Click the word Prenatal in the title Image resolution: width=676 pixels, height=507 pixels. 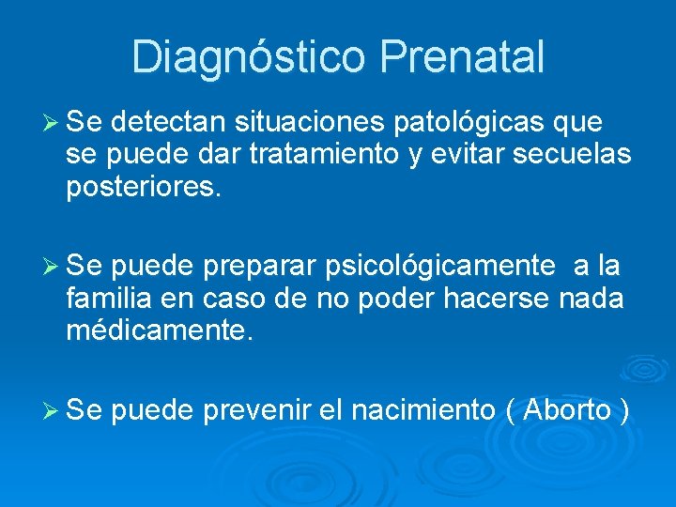coord(462,56)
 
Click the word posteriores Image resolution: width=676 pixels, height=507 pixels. coord(144,187)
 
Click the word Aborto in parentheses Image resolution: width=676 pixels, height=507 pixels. coord(568,410)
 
